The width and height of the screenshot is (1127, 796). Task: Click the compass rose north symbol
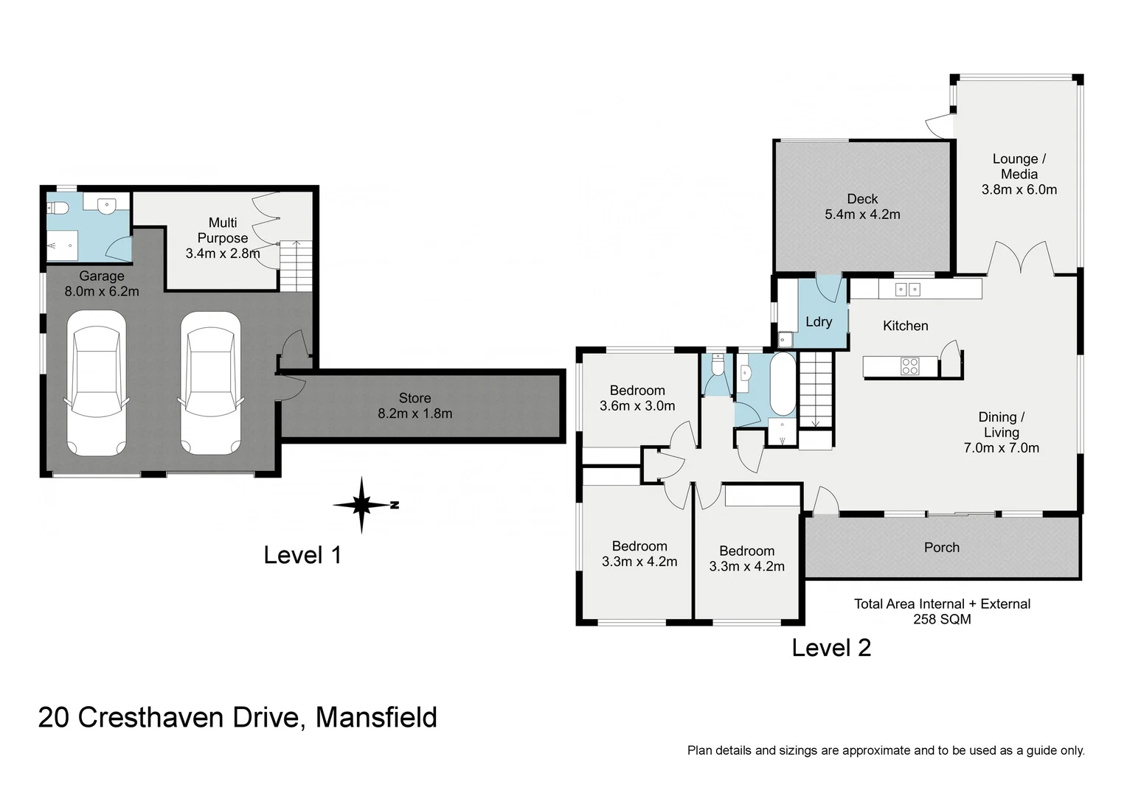click(362, 505)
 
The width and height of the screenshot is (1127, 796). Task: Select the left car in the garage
click(96, 383)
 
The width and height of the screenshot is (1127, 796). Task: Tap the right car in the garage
click(210, 383)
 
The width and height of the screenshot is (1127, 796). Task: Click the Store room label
click(415, 398)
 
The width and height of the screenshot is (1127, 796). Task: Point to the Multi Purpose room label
click(223, 230)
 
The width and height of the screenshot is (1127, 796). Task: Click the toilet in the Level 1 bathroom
click(58, 208)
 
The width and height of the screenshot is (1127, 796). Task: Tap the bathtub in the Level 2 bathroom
click(783, 384)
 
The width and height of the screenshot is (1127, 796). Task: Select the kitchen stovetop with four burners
click(909, 366)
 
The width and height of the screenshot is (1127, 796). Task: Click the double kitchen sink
click(907, 290)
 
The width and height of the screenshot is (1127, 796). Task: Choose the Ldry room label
click(819, 322)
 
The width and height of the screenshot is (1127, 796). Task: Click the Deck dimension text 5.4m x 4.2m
click(862, 214)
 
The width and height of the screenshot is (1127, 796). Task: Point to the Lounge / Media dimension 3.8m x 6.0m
click(1019, 189)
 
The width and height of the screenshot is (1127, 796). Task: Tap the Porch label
click(942, 548)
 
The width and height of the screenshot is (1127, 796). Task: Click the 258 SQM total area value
click(942, 619)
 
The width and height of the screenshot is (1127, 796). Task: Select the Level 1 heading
click(302, 555)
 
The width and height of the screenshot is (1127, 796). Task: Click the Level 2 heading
click(831, 648)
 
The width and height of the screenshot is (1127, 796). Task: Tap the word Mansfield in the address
click(376, 717)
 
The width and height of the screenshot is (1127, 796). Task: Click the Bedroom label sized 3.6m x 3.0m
click(637, 391)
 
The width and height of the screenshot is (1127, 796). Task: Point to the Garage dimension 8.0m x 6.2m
click(102, 291)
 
